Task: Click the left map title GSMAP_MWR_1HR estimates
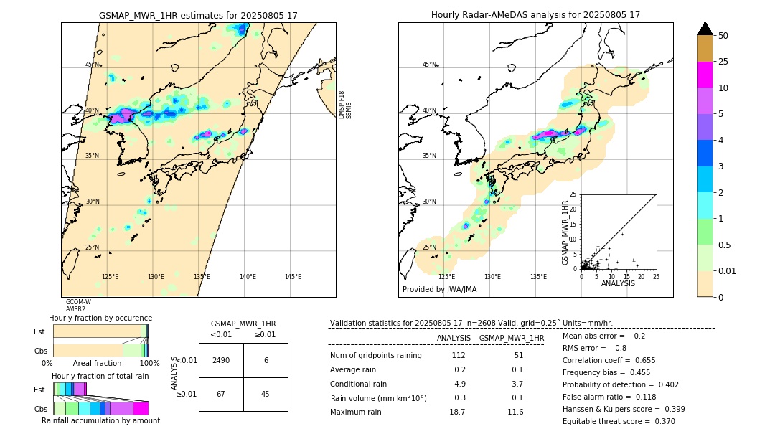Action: tap(198, 15)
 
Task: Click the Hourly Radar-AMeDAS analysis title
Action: tap(535, 15)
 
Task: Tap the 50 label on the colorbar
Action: tap(723, 36)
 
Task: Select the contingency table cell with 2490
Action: tap(221, 360)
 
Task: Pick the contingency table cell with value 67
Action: tap(221, 394)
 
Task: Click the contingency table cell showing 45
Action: tap(266, 394)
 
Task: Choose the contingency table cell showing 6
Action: tap(266, 360)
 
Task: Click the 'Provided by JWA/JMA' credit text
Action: tap(439, 290)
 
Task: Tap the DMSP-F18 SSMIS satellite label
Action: tap(345, 105)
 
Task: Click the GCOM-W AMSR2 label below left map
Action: tap(78, 306)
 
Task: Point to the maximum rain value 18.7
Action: tap(456, 412)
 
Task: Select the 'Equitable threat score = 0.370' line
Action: tap(619, 421)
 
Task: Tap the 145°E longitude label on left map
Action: tap(293, 277)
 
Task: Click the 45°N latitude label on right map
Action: tap(428, 65)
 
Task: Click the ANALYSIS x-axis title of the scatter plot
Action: tap(618, 283)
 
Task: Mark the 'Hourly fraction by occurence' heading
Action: tap(100, 318)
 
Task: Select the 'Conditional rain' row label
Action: tap(358, 384)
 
